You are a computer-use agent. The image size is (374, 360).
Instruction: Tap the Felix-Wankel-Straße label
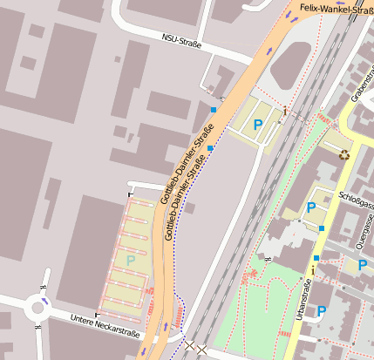click(x=336, y=9)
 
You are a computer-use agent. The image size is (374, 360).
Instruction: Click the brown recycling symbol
click(x=343, y=155)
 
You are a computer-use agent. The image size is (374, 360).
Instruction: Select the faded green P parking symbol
click(x=131, y=260)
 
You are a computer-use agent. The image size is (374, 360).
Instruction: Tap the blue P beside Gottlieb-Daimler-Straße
click(x=257, y=126)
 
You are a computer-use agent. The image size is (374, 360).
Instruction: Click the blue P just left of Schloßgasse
click(x=311, y=207)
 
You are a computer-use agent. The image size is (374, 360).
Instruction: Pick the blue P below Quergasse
click(x=363, y=264)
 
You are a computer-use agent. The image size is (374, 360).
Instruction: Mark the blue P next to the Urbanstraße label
click(x=321, y=310)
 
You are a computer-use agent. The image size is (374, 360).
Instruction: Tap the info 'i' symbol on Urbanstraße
click(x=312, y=271)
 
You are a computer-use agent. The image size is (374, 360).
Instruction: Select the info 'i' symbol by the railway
click(x=284, y=110)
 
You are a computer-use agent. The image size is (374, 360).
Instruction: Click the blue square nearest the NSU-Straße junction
click(x=214, y=109)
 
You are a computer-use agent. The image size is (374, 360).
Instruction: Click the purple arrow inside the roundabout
click(x=44, y=300)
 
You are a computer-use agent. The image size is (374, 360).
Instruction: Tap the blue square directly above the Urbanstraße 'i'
click(x=316, y=258)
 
